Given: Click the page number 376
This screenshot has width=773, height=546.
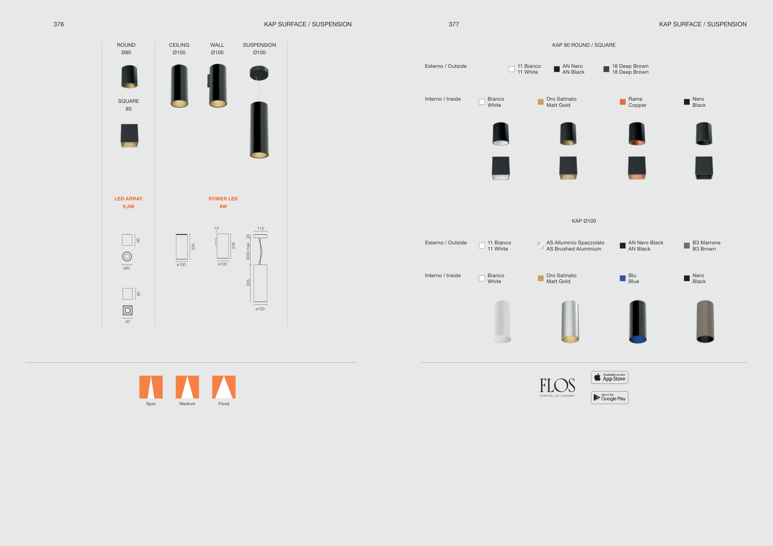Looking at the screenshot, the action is tap(58, 24).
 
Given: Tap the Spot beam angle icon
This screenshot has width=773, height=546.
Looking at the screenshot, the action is tap(151, 387).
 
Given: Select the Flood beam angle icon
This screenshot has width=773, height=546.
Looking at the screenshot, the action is tap(224, 387).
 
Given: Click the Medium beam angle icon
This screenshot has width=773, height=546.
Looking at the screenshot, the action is tap(187, 387).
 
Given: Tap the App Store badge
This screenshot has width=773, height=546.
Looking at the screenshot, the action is tap(609, 377).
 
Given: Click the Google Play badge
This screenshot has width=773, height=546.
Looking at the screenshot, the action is tap(609, 397).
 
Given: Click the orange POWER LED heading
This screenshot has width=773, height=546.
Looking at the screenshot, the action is tap(223, 199).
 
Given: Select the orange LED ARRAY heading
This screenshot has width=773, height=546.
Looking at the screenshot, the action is tap(128, 199).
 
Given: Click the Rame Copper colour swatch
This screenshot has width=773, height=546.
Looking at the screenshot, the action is tap(622, 102).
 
